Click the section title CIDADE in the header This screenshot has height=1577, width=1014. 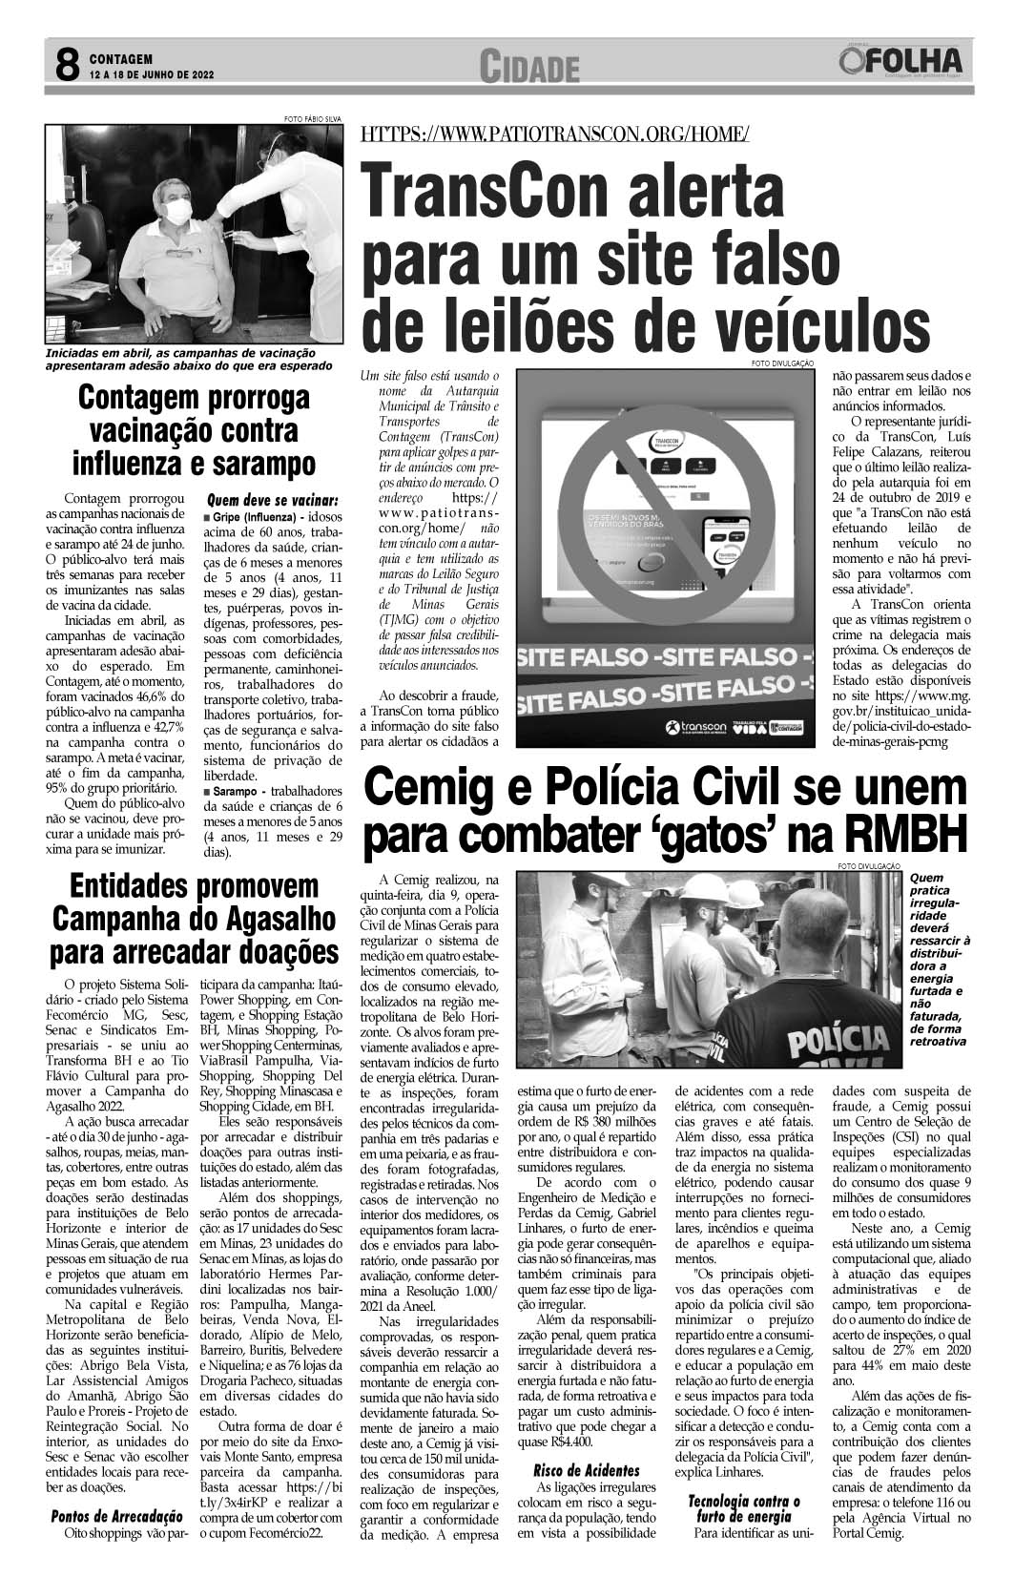coord(531,67)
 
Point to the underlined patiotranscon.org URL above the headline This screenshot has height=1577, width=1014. coord(554,134)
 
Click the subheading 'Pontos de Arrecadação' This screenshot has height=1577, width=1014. coord(116,1516)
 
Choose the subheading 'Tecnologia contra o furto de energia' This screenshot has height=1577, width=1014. coord(740,1509)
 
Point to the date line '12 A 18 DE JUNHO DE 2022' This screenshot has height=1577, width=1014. coord(151,73)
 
